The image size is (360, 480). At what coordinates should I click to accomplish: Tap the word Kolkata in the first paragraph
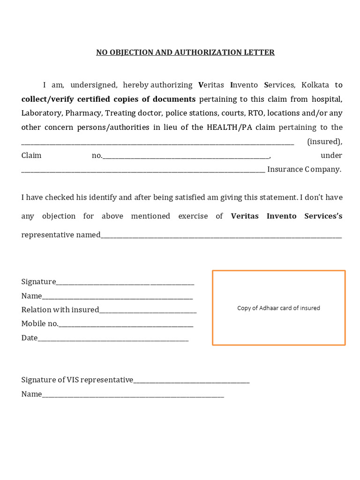[x=315, y=85]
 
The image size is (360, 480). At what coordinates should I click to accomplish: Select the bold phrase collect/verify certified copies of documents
[x=108, y=99]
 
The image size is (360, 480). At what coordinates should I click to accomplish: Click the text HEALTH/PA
[x=227, y=127]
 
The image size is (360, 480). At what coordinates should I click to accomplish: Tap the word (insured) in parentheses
[x=324, y=141]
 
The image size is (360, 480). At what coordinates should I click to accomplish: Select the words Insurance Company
[x=304, y=169]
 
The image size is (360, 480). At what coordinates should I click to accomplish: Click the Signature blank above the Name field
[x=125, y=282]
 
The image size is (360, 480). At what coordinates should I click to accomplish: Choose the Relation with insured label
[x=60, y=310]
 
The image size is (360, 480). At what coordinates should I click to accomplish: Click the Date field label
[x=29, y=338]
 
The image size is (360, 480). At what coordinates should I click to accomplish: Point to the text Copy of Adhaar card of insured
[x=278, y=308]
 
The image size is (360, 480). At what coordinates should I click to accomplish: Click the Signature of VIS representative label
[x=77, y=380]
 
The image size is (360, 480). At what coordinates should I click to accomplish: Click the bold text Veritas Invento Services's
[x=286, y=216]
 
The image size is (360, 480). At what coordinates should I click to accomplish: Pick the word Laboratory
[x=41, y=113]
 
